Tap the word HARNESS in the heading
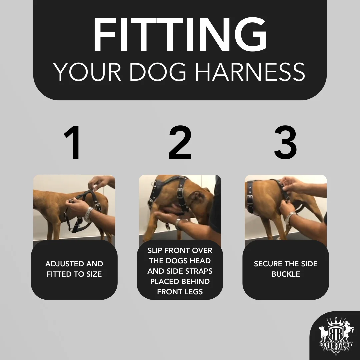(250, 72)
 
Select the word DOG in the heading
(158, 72)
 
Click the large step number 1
(72, 142)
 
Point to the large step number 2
(180, 142)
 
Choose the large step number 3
(286, 142)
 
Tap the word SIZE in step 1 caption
(94, 274)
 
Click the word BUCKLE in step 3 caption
(286, 274)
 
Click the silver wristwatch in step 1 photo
(88, 214)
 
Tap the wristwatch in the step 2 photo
(178, 224)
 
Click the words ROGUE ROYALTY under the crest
(336, 345)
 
